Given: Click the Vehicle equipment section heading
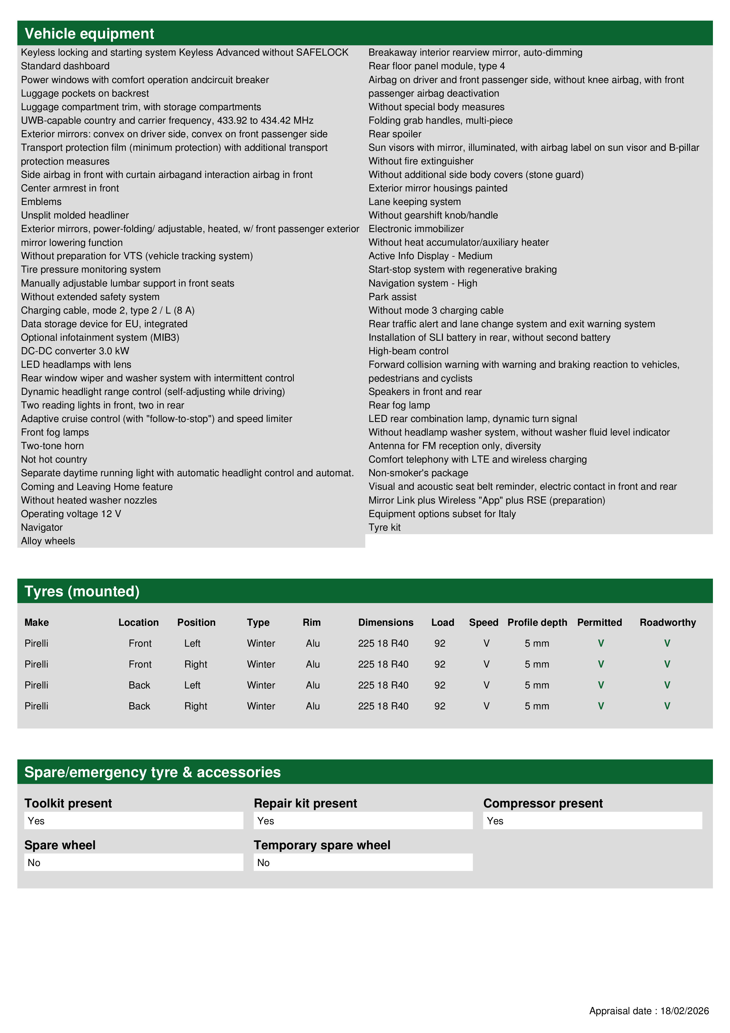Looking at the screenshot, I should tap(89, 34).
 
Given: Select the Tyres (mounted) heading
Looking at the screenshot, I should tap(82, 591).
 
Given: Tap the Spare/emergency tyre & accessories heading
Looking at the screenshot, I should tap(152, 772).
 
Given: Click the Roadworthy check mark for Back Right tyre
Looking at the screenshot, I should tap(667, 706).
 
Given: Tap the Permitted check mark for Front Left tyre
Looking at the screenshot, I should tap(600, 643).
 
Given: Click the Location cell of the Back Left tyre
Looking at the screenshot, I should tap(140, 685).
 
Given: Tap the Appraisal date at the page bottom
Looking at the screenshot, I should tap(648, 1011).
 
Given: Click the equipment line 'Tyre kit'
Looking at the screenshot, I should tap(384, 527).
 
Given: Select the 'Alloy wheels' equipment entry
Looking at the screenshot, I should tap(48, 541).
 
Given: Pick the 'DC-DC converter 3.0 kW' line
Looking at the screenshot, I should tap(75, 351).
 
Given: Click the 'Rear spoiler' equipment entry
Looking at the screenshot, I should tap(395, 134).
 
